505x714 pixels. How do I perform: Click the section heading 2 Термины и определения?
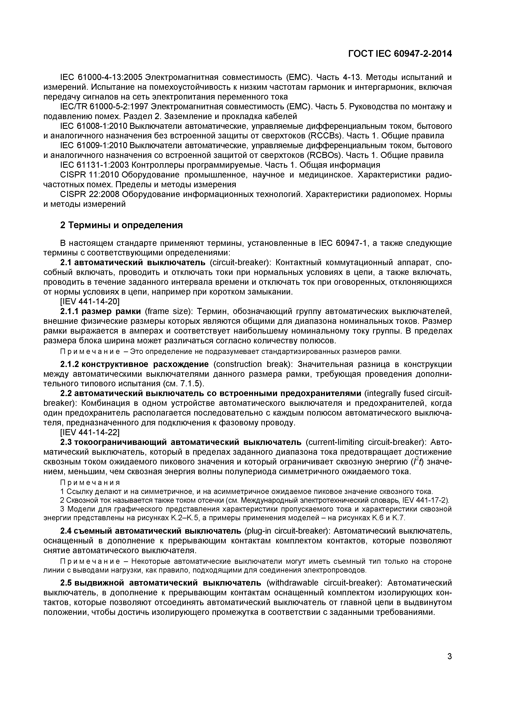[121, 225]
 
